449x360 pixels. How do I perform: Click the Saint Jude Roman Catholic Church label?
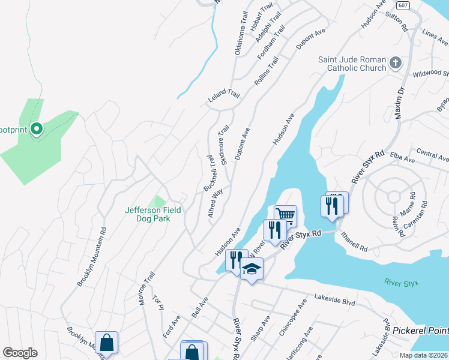(352, 64)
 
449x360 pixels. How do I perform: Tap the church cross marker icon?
(396, 63)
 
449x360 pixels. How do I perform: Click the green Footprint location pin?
(36, 128)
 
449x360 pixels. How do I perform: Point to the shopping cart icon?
(286, 215)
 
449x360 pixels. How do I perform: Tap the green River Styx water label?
(400, 283)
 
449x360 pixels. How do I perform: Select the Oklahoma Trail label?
(241, 37)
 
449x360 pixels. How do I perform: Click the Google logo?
(20, 353)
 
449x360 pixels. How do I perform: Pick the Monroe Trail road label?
(147, 288)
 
